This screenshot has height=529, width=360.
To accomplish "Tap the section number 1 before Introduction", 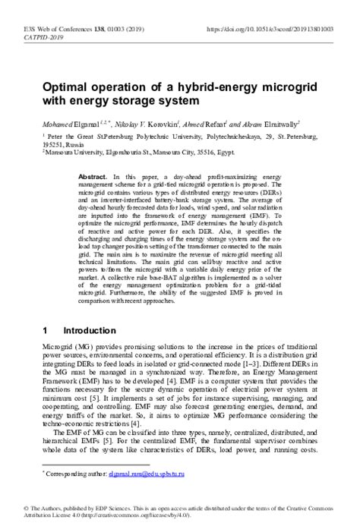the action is (x=46, y=332).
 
